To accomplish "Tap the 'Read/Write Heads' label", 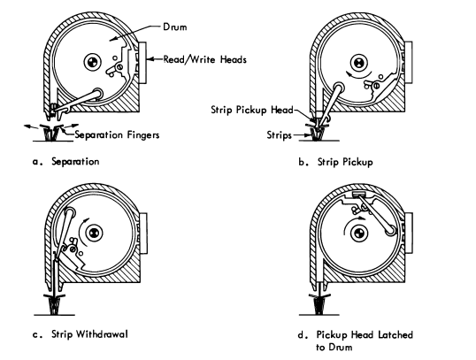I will point(196,60).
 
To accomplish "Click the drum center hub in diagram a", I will point(91,61).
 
